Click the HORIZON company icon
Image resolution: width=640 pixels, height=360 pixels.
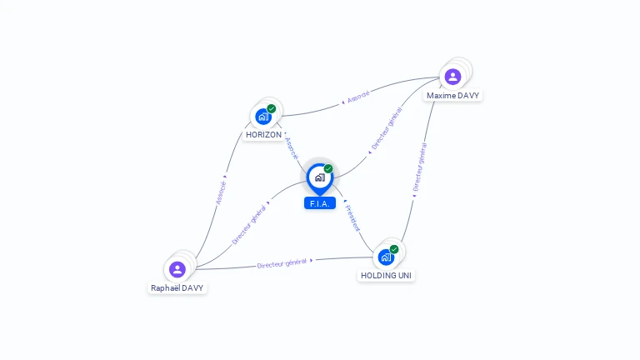(x=263, y=117)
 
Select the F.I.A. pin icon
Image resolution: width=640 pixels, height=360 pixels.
(x=319, y=177)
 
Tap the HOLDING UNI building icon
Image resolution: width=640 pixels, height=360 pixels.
(x=386, y=257)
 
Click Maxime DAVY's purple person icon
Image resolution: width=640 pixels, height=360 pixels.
(x=452, y=77)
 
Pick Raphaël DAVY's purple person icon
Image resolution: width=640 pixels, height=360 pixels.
(x=177, y=269)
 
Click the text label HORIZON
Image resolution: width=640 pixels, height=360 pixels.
(x=263, y=134)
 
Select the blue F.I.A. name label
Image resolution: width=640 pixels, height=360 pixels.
(x=320, y=203)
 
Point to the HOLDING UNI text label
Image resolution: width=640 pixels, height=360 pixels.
(x=386, y=275)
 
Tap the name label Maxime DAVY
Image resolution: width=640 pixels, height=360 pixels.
(x=452, y=96)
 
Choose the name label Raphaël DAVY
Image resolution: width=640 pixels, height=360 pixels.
(x=177, y=287)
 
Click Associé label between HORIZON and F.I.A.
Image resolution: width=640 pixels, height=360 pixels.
(x=291, y=148)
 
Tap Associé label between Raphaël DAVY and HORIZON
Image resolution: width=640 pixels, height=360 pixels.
(x=221, y=190)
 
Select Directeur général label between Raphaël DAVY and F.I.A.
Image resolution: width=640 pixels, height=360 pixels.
(x=249, y=223)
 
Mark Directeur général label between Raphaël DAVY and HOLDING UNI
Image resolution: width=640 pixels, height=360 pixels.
(x=282, y=263)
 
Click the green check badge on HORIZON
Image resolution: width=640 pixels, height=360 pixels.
(x=272, y=108)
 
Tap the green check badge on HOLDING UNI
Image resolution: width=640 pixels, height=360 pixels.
(x=394, y=249)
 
